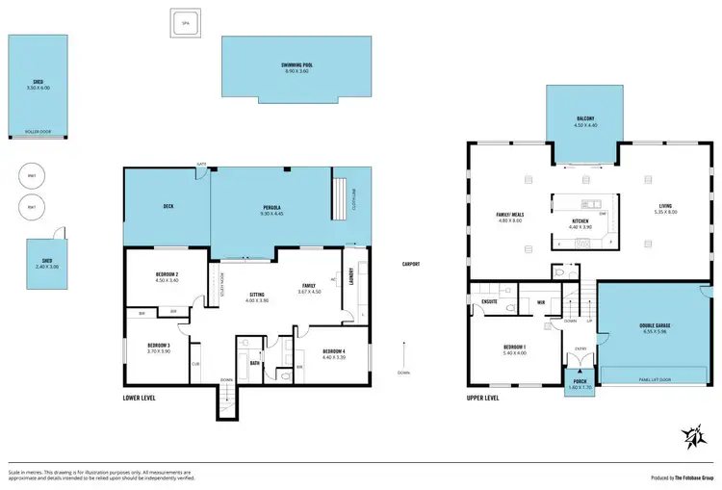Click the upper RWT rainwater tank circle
[x=32, y=177]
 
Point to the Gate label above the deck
[x=202, y=165]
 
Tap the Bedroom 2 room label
[x=168, y=275]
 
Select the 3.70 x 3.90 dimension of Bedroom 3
[x=158, y=351]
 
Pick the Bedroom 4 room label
[x=333, y=349]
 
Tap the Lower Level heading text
[x=141, y=397]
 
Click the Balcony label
[x=586, y=118]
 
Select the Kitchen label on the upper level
[x=580, y=220]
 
